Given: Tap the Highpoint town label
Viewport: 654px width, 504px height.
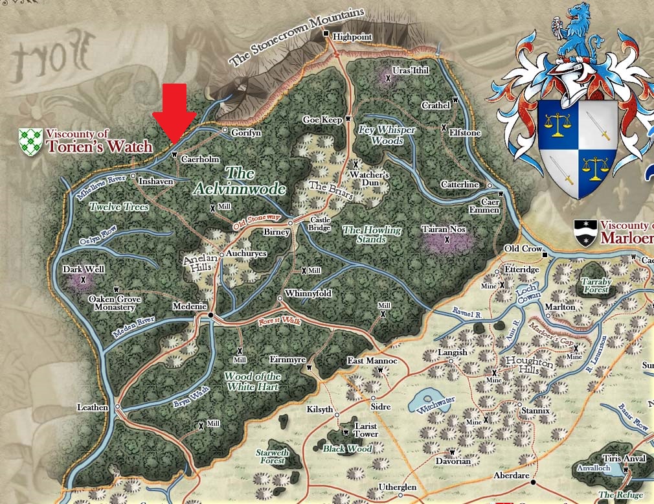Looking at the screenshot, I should pos(352,37).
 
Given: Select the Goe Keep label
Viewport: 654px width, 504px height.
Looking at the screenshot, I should pos(322,120).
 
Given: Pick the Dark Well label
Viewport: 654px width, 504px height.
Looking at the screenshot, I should pos(84,269).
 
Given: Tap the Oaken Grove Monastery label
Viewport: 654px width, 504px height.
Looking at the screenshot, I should pos(116,303).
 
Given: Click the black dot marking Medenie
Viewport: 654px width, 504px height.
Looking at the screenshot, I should pos(210,315).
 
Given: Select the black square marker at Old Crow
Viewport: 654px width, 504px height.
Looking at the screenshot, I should pos(545,254).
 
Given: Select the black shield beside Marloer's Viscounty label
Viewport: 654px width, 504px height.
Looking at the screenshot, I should pos(585,233).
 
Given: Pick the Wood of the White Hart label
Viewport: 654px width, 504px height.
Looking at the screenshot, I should pos(253,381).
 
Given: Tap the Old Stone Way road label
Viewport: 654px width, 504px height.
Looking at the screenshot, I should pos(257,223).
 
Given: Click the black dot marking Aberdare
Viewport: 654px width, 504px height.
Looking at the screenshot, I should pos(533,482).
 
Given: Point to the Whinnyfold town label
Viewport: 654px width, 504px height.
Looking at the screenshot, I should pos(308,293).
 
